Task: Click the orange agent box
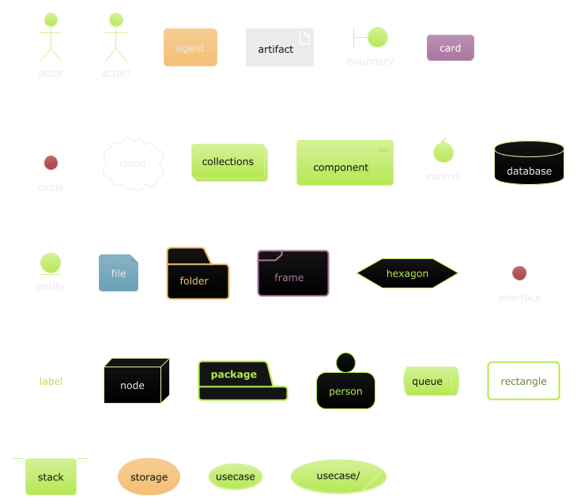pyautogui.click(x=190, y=48)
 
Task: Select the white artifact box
pyautogui.click(x=279, y=48)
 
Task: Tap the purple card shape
pyautogui.click(x=450, y=48)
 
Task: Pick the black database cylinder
pyautogui.click(x=529, y=164)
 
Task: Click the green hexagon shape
pyautogui.click(x=407, y=273)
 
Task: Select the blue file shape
pyautogui.click(x=118, y=273)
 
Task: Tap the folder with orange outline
pyautogui.click(x=198, y=276)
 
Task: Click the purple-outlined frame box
pyautogui.click(x=292, y=273)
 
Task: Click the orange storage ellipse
pyautogui.click(x=149, y=476)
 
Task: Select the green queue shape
pyautogui.click(x=430, y=381)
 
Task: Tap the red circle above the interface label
pyautogui.click(x=519, y=273)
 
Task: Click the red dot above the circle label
pyautogui.click(x=51, y=163)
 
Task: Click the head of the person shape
pyautogui.click(x=345, y=363)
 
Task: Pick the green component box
pyautogui.click(x=344, y=163)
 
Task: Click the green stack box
pyautogui.click(x=51, y=477)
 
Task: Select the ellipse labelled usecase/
pyautogui.click(x=338, y=476)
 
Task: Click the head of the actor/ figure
pyautogui.click(x=115, y=20)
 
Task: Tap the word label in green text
pyautogui.click(x=51, y=382)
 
